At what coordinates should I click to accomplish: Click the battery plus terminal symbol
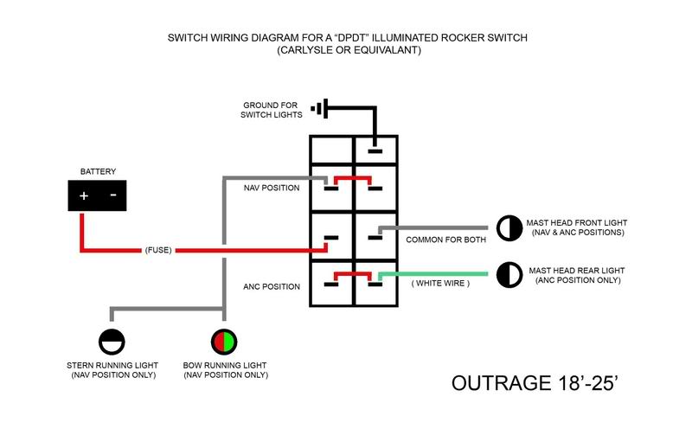pyautogui.click(x=84, y=195)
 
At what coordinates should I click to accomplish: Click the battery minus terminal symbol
pyautogui.click(x=112, y=195)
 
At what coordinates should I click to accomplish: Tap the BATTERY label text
pyautogui.click(x=98, y=171)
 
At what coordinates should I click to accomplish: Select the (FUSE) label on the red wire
pyautogui.click(x=157, y=251)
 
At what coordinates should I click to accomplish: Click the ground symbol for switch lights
pyautogui.click(x=321, y=109)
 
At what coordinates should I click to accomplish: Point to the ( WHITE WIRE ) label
pyautogui.click(x=439, y=284)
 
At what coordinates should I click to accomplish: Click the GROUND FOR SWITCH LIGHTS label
pyautogui.click(x=272, y=109)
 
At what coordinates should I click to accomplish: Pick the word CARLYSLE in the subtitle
pyautogui.click(x=304, y=51)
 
